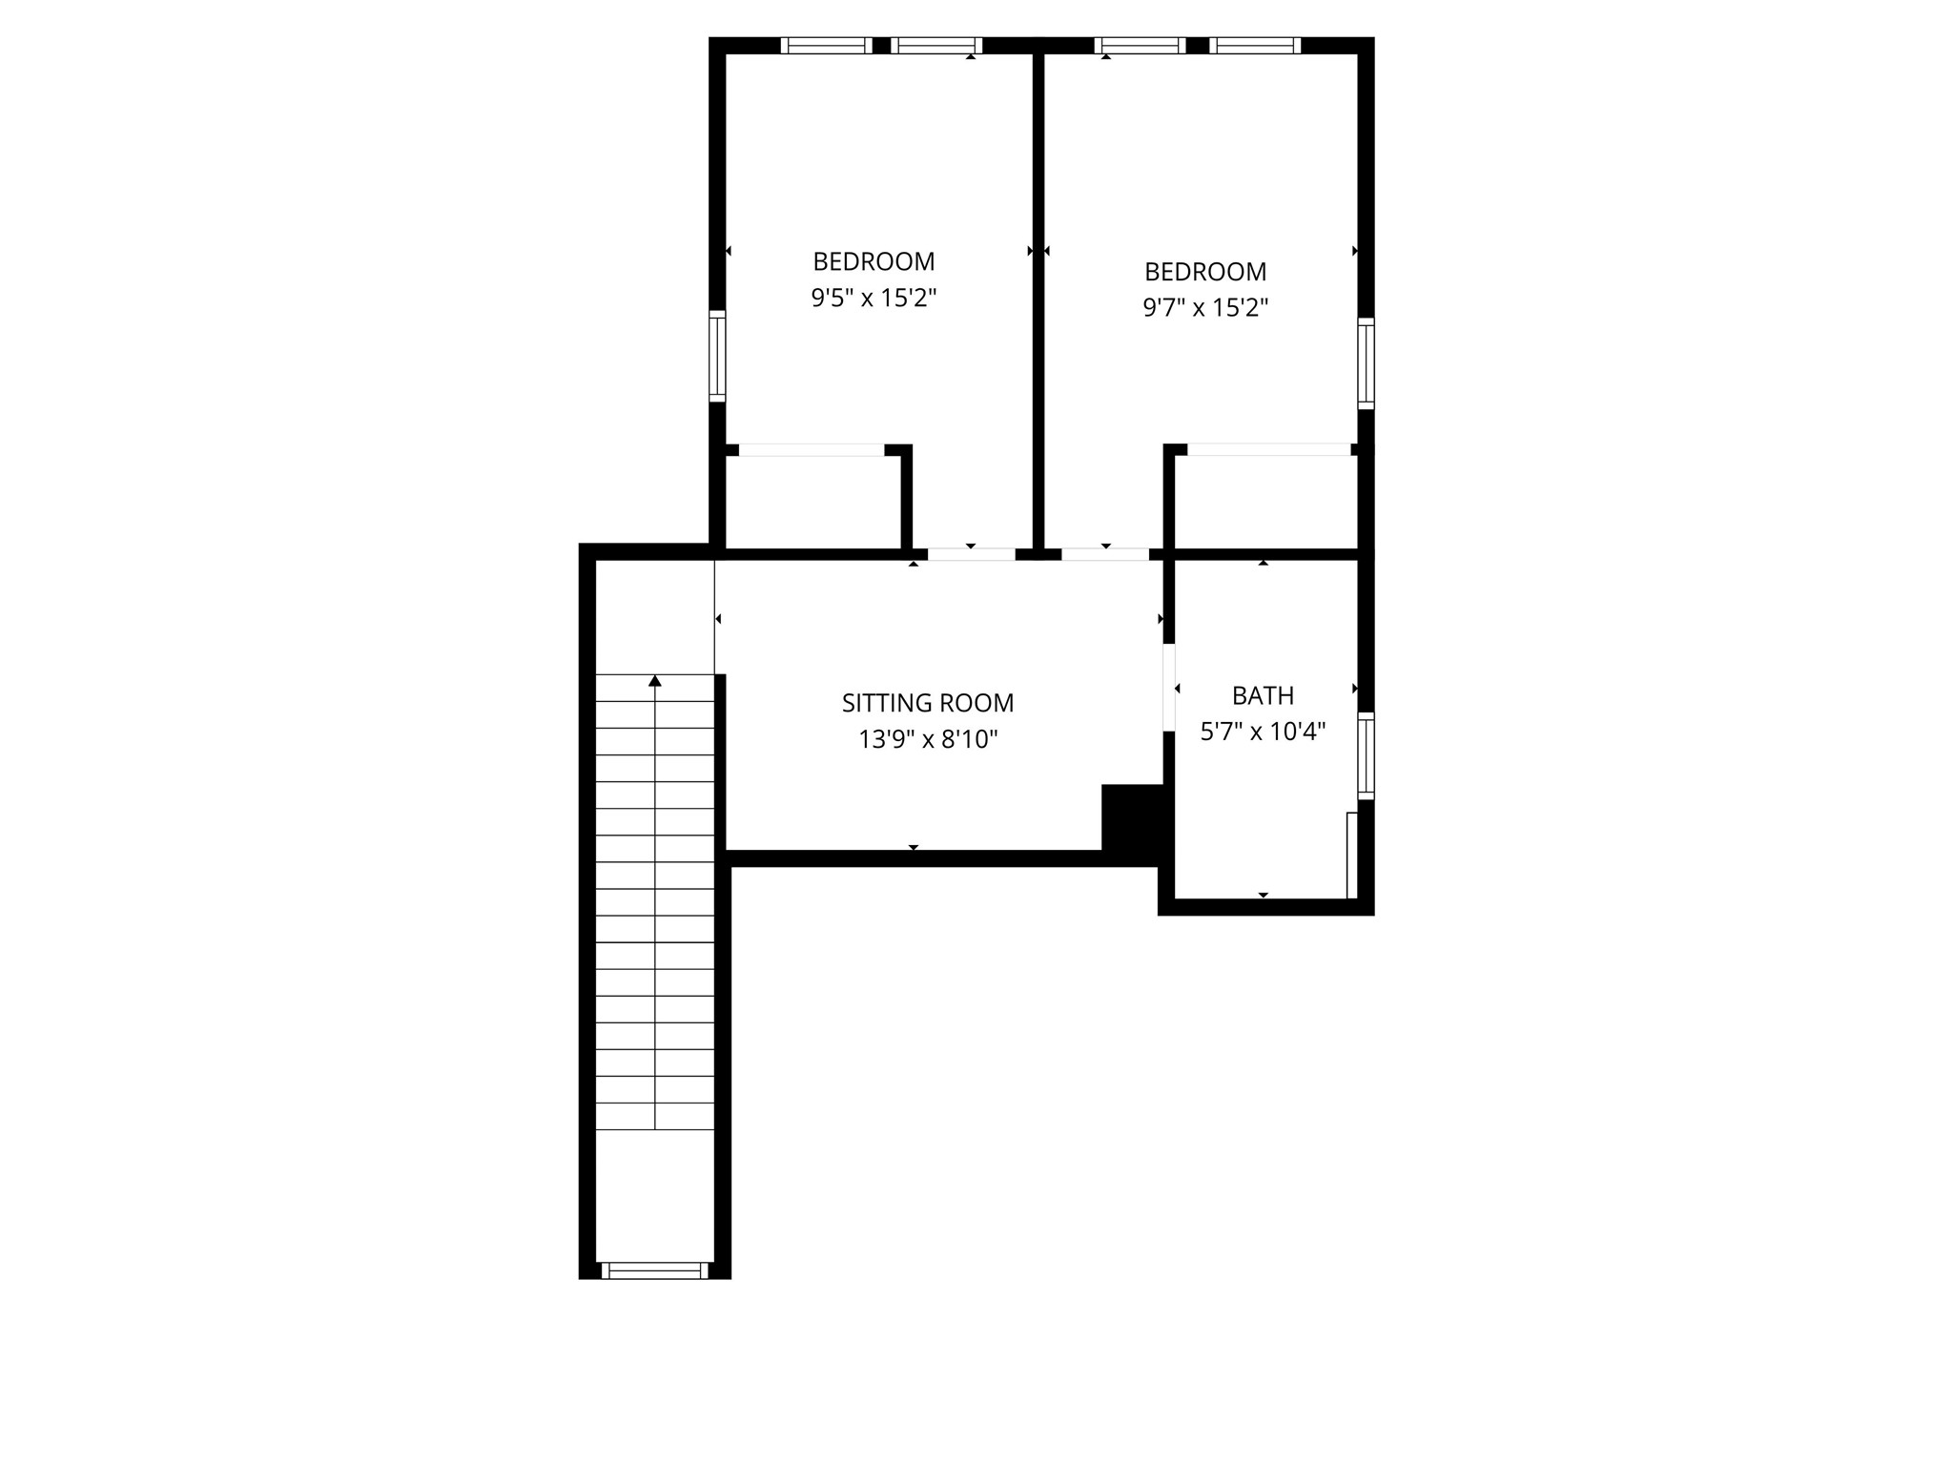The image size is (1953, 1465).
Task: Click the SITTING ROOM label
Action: coord(927,703)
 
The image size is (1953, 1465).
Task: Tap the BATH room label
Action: coord(1263,695)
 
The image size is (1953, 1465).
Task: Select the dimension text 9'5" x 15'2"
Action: coord(874,299)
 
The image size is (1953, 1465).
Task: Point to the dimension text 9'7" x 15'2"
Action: coord(1205,308)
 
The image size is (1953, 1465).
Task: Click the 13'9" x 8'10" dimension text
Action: coord(927,739)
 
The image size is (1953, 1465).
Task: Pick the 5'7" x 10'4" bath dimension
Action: coord(1263,732)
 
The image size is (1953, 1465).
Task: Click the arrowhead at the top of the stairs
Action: coord(655,681)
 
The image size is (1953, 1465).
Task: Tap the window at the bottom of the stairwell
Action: coord(655,1269)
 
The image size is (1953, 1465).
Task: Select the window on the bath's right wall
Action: coord(1366,755)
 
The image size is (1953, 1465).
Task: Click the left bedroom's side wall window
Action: coord(717,356)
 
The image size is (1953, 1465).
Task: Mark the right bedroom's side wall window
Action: coord(1366,363)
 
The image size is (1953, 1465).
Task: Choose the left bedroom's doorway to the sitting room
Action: coord(971,553)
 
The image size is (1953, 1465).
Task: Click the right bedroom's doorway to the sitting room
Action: coord(1105,553)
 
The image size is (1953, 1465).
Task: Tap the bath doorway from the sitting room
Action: coord(1168,688)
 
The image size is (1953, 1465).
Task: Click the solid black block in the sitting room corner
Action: coord(1132,816)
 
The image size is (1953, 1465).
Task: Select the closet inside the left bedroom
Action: coord(812,502)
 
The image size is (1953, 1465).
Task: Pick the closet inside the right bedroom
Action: coord(1265,502)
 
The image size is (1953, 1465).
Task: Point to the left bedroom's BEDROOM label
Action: coord(874,261)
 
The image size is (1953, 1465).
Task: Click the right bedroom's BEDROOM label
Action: coord(1205,272)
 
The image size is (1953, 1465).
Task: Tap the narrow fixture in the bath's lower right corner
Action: coord(1351,855)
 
